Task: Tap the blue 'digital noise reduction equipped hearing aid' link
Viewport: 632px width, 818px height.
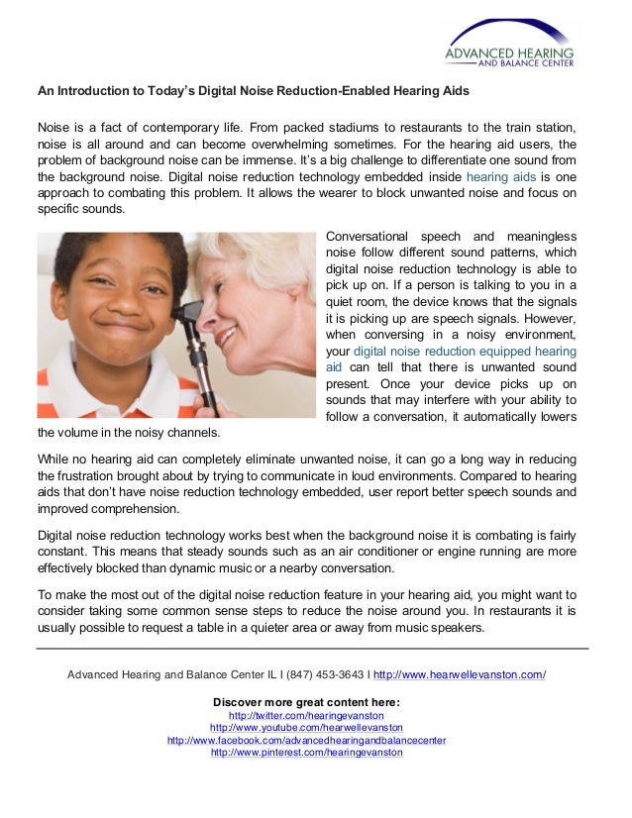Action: click(452, 351)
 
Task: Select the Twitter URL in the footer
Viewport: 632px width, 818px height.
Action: click(306, 715)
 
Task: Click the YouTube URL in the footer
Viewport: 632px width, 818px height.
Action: click(306, 728)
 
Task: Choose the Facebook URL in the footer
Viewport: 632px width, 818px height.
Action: click(306, 740)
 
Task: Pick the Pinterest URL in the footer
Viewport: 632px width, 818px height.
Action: click(306, 753)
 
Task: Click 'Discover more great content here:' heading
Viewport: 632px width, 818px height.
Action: click(306, 702)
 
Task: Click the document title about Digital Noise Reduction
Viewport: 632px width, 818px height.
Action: click(253, 91)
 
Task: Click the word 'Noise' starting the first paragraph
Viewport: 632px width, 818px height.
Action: click(54, 128)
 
